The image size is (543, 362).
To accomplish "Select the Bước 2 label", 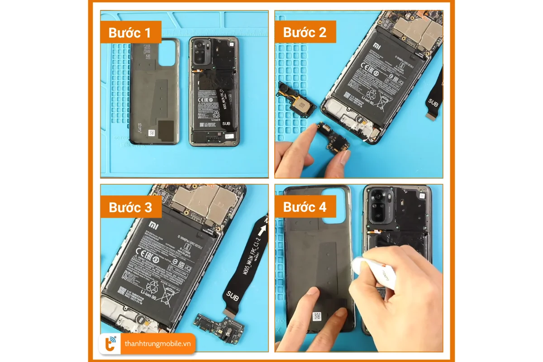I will pyautogui.click(x=305, y=33).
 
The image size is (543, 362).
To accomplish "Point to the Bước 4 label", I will pyautogui.click(x=305, y=207).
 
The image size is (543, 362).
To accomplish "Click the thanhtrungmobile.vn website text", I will pyautogui.click(x=158, y=344).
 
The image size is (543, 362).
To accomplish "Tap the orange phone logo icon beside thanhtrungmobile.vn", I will pyautogui.click(x=110, y=343).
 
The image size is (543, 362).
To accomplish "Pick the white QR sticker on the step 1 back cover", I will pyautogui.click(x=152, y=133).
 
